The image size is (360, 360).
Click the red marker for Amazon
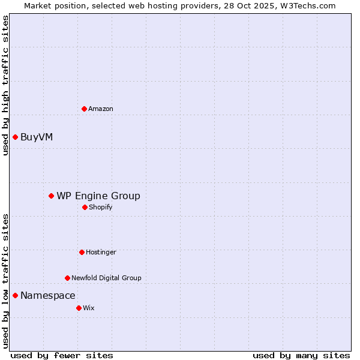84,109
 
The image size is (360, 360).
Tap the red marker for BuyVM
15,137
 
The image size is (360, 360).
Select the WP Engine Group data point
51,196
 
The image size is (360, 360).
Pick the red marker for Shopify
85,207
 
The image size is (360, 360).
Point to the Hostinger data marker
82,252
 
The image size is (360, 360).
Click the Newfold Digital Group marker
67,278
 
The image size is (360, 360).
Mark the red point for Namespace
15,295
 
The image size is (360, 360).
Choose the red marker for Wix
79,308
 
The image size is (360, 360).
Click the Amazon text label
101,109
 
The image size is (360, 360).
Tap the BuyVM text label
37,137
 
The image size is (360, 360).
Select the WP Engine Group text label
98,196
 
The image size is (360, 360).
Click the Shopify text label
101,207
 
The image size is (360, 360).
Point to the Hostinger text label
101,252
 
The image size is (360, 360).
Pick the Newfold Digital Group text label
106,278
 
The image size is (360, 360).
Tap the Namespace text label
48,295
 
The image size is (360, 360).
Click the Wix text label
89,308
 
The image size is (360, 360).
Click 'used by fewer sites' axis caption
62,355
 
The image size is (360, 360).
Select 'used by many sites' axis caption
301,355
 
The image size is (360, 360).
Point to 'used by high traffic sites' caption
5,85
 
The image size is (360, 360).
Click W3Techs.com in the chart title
307,5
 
